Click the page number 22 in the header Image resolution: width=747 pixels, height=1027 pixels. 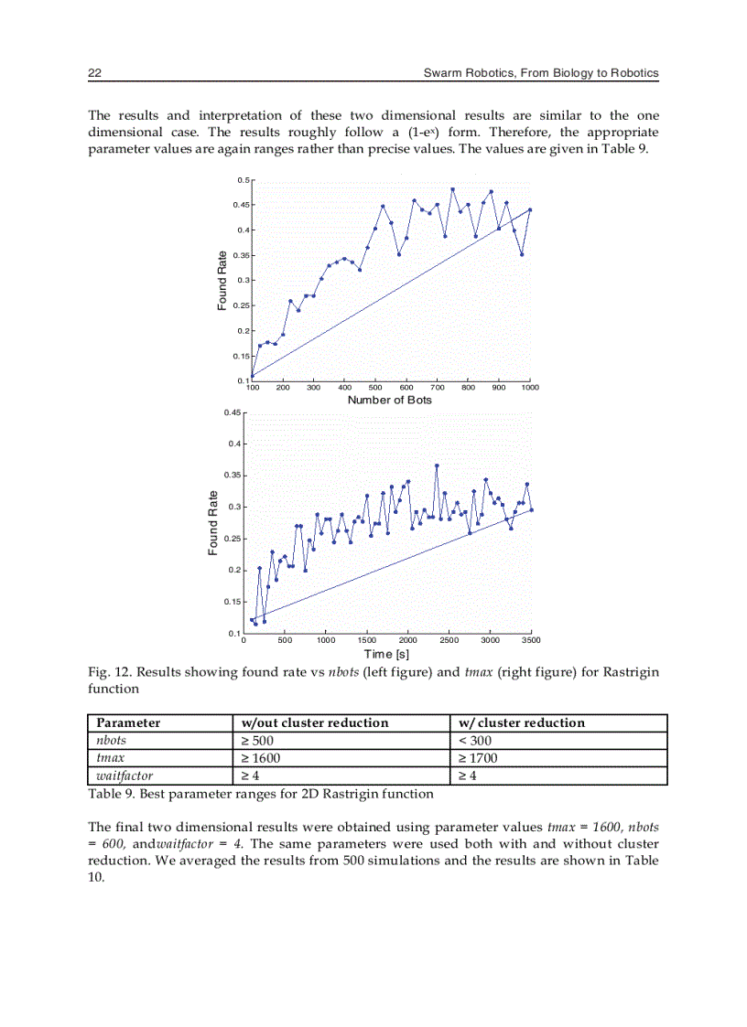tap(94, 72)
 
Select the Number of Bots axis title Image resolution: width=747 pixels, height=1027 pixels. tap(390, 400)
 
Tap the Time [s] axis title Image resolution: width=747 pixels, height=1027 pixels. tap(386, 654)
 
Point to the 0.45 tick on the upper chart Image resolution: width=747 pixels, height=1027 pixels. tap(241, 205)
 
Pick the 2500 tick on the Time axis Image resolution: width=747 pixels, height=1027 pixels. tap(449, 641)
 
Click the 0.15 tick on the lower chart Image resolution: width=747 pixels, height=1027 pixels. tap(233, 602)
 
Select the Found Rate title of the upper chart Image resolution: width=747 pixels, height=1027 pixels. tap(222, 280)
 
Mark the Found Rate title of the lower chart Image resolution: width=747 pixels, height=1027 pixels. tap(213, 522)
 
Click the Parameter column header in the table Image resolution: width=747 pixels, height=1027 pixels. tap(128, 722)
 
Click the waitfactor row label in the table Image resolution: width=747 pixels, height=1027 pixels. tap(124, 776)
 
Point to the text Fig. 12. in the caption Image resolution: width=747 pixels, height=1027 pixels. tap(108, 672)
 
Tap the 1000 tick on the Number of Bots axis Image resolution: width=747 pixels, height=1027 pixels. tap(530, 388)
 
